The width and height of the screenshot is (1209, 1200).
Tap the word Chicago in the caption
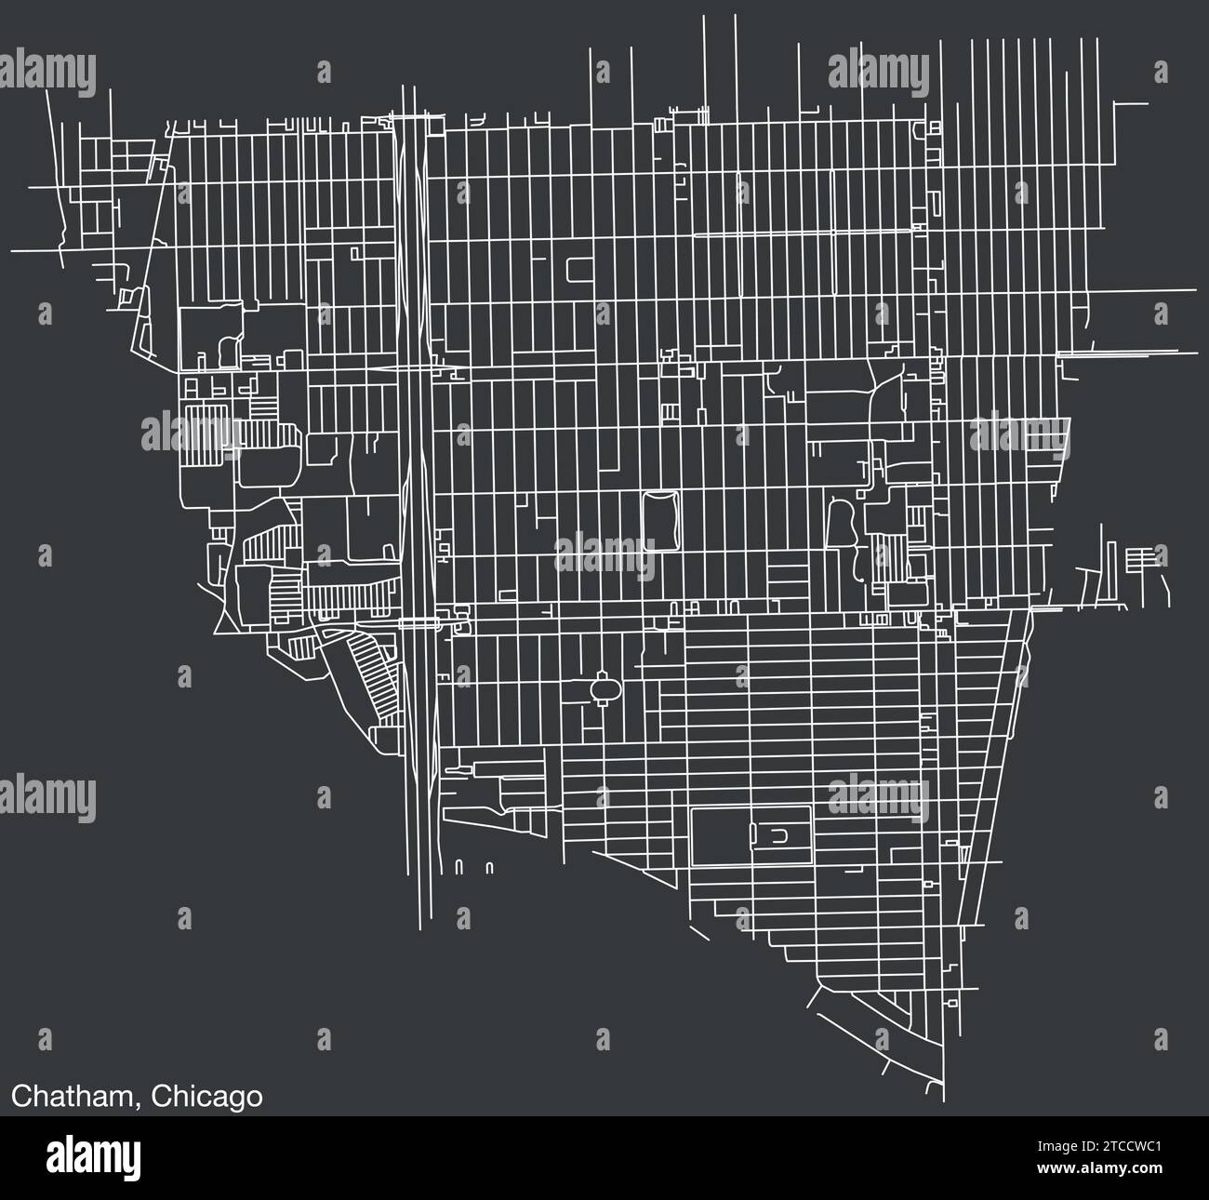(206, 1097)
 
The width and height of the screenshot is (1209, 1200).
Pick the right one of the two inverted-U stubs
(489, 867)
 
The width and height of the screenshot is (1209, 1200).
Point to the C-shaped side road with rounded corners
(577, 269)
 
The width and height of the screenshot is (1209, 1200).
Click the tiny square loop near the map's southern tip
(950, 1004)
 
